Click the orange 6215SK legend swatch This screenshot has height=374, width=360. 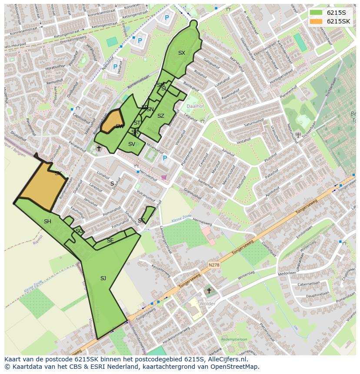pyautogui.click(x=317, y=21)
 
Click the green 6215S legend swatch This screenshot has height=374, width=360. pyautogui.click(x=317, y=13)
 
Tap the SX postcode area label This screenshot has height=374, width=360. pyautogui.click(x=182, y=53)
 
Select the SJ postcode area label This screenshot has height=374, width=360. pyautogui.click(x=103, y=278)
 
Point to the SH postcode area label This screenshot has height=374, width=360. pyautogui.click(x=47, y=222)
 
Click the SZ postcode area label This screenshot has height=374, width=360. pyautogui.click(x=161, y=116)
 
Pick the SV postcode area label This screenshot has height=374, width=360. pyautogui.click(x=131, y=144)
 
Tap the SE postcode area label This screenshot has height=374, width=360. pyautogui.click(x=110, y=241)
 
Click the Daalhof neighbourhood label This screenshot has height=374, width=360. pyautogui.click(x=195, y=106)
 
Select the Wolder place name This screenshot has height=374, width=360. pyautogui.click(x=207, y=304)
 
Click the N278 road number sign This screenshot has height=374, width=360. pyautogui.click(x=213, y=265)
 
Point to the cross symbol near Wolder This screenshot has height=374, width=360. pyautogui.click(x=209, y=291)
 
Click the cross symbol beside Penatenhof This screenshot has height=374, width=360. pyautogui.click(x=99, y=148)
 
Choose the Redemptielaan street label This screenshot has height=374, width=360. pyautogui.click(x=234, y=339)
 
